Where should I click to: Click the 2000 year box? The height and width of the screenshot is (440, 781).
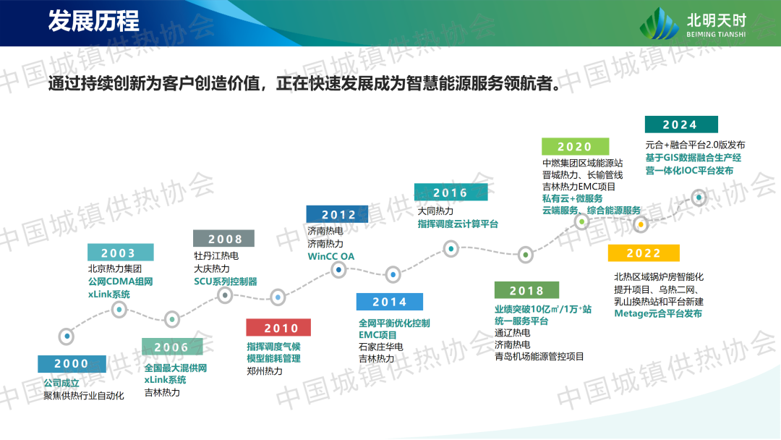pos(72,364)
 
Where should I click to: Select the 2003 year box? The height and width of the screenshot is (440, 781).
pos(120,253)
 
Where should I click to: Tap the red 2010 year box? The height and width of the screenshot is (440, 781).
pos(278,327)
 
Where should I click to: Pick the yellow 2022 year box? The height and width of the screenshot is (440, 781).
pos(644,253)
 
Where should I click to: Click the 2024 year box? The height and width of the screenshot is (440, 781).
pos(681,124)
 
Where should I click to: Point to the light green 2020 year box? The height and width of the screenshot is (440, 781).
pos(576,146)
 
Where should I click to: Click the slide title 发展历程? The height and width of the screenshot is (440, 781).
pos(93,22)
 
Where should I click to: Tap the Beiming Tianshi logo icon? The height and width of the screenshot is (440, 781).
pos(660,23)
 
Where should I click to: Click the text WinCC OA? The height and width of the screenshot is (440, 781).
pos(330,257)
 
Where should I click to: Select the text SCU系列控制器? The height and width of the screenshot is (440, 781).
pos(225,282)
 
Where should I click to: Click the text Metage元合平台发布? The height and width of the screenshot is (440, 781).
pos(658,313)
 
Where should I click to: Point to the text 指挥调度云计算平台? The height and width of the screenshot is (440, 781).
pos(458,224)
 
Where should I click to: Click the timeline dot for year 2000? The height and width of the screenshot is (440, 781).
pos(67,337)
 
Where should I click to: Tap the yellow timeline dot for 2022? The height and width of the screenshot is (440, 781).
pos(641,225)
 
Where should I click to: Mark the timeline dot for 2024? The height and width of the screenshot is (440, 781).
pos(699,198)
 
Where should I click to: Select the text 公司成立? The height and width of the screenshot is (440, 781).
pos(61,383)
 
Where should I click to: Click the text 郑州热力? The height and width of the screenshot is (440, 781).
pos(265,371)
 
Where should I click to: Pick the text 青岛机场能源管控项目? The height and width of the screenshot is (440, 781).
pos(539,356)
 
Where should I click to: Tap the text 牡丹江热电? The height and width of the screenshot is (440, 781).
pos(216,255)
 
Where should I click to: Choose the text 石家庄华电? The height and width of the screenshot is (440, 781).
pos(381,347)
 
